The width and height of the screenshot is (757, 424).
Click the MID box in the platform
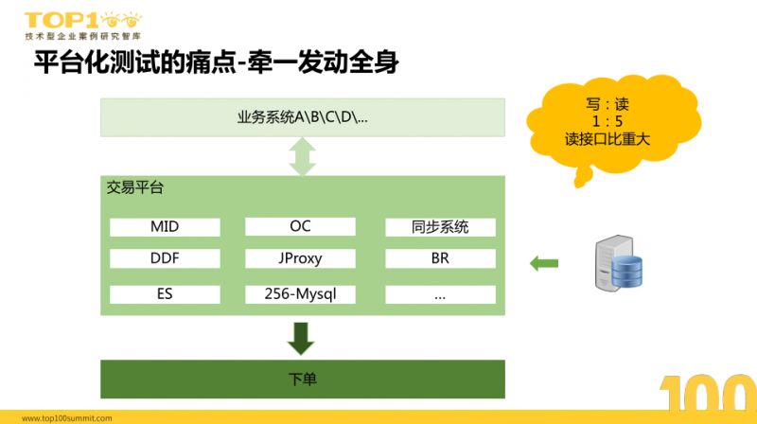(165, 227)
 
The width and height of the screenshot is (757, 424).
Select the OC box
(300, 227)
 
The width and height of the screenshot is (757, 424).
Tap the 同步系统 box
(440, 227)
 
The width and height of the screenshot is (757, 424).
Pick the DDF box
(165, 258)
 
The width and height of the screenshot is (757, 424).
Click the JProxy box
(300, 258)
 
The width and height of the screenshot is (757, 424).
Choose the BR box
(440, 258)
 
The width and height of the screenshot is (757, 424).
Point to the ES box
(165, 294)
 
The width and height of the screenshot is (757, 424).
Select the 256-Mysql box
(300, 294)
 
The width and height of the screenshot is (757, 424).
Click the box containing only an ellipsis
(440, 294)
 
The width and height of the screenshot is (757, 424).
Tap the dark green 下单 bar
(303, 379)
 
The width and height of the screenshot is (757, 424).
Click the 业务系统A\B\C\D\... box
(303, 117)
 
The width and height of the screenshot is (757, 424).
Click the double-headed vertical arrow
(303, 156)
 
